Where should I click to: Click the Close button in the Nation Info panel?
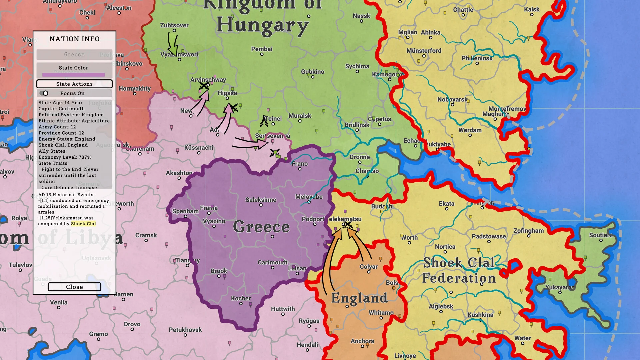coord(74,287)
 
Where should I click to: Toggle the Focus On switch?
coord(44,93)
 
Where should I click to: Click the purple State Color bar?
coord(73,75)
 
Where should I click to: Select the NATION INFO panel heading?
coord(74,39)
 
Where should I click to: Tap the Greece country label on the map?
coord(261,227)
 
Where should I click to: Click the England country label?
coord(359,298)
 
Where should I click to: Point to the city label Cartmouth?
coord(272,262)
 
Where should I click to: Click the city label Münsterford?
coord(424,51)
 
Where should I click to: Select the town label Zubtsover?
coord(174,25)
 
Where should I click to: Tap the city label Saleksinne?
coord(261,200)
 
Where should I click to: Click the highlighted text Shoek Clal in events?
coord(83,224)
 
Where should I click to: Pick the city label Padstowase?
coord(489,236)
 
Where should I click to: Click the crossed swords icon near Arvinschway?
coord(204,86)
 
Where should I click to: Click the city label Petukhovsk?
coord(185,330)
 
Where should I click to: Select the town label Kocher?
coord(241,298)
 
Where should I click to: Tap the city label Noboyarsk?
coord(452,99)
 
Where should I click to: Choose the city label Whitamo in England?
coord(381,313)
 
